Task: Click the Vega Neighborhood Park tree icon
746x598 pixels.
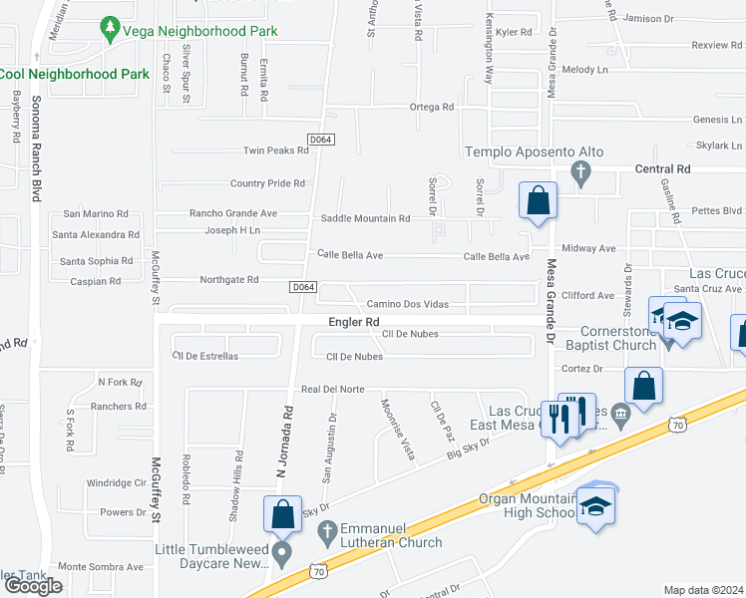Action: point(111,32)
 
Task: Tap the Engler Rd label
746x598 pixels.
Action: point(354,322)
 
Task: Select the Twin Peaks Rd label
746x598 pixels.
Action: point(277,150)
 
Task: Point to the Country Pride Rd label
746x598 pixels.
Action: point(267,183)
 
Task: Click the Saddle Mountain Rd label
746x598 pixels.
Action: point(365,218)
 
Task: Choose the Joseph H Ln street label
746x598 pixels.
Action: point(232,230)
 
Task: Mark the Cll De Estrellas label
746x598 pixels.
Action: point(205,356)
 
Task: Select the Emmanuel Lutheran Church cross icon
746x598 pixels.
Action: point(325,535)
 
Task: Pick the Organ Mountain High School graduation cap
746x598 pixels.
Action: point(596,507)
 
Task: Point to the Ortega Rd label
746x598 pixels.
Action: point(431,107)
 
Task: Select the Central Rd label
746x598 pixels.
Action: point(662,169)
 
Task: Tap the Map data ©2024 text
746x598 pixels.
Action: point(703,590)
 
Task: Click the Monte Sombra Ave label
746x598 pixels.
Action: point(101,566)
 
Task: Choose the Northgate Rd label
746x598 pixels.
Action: point(228,280)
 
